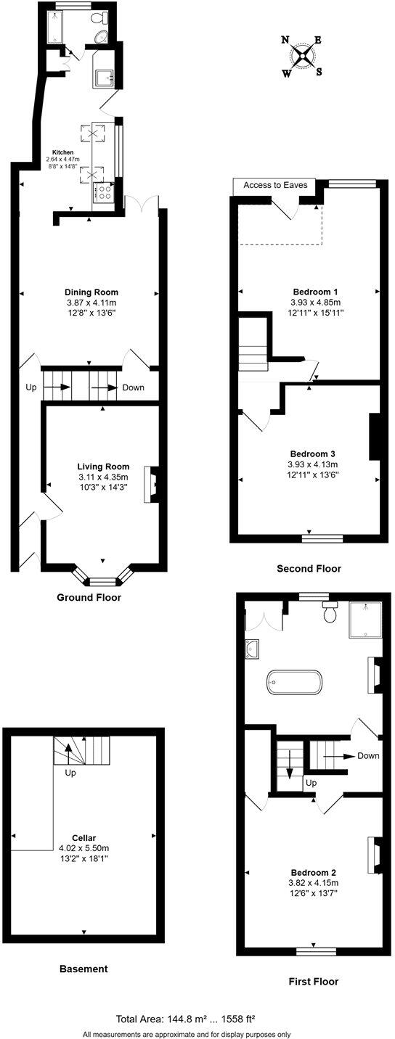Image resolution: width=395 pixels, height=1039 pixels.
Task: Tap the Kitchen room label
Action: [63, 152]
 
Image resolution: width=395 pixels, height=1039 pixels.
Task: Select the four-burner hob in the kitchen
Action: [104, 192]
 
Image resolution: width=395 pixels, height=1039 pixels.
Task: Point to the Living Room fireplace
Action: [153, 484]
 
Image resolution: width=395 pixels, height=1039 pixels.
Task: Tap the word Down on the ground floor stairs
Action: [133, 387]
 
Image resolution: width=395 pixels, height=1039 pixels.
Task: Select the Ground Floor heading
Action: [89, 598]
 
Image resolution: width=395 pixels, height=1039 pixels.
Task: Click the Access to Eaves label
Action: [275, 185]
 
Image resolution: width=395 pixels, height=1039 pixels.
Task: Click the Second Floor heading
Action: [309, 569]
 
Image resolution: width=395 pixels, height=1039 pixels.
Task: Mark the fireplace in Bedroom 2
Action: [373, 854]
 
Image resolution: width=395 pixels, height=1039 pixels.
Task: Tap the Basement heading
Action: [84, 969]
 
